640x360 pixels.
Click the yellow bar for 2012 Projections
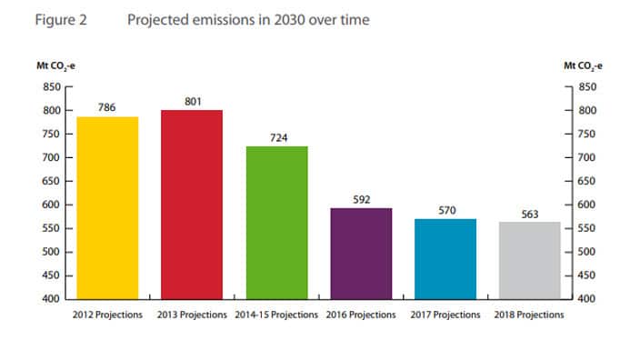(x=107, y=207)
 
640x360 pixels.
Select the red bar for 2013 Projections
(x=192, y=204)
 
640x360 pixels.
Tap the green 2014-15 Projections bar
(x=276, y=222)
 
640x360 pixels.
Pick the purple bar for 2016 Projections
(x=361, y=253)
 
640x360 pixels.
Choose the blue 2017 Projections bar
(x=445, y=258)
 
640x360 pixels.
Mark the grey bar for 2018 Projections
(x=530, y=260)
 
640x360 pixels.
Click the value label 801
(x=192, y=101)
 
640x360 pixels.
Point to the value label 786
(x=107, y=107)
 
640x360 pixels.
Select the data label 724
(x=276, y=137)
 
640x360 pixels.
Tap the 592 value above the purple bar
(x=361, y=199)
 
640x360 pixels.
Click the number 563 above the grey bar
(x=530, y=215)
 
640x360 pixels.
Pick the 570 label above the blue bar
(x=445, y=210)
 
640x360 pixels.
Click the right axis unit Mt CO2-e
(x=584, y=65)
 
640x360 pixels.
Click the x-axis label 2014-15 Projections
(x=276, y=315)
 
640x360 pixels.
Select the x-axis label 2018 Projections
(x=530, y=315)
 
